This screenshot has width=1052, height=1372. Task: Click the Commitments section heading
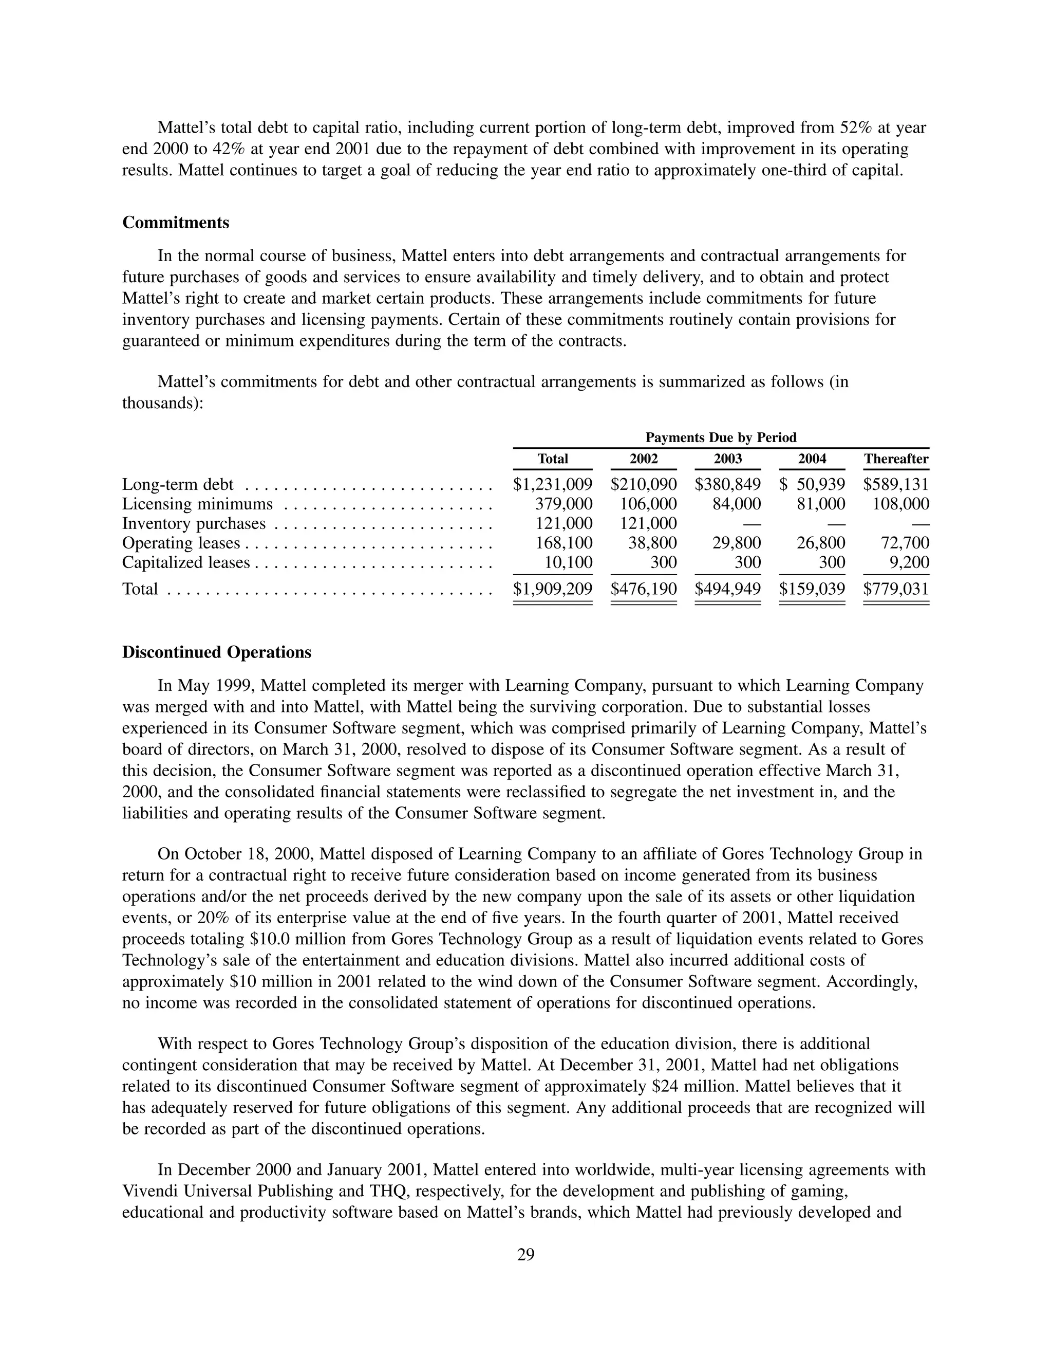click(176, 223)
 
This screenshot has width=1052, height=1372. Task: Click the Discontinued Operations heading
click(217, 652)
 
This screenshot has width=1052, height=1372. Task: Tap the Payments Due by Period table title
click(721, 437)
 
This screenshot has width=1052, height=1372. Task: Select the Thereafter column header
click(896, 459)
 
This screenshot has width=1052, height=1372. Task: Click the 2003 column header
click(728, 459)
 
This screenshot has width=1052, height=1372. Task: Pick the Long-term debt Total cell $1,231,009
click(552, 484)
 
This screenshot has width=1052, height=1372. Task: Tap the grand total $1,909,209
click(552, 589)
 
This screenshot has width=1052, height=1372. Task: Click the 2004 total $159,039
click(812, 589)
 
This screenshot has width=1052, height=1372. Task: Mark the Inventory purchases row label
click(194, 523)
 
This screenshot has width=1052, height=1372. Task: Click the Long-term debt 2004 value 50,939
click(820, 484)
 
